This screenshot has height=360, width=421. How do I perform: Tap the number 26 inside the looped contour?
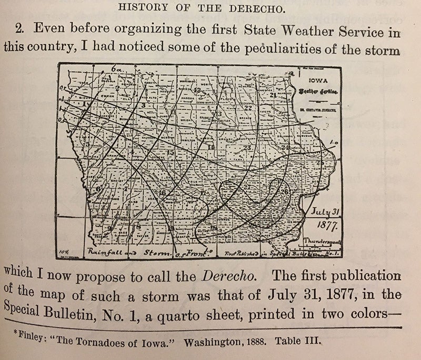coord(285,191)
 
